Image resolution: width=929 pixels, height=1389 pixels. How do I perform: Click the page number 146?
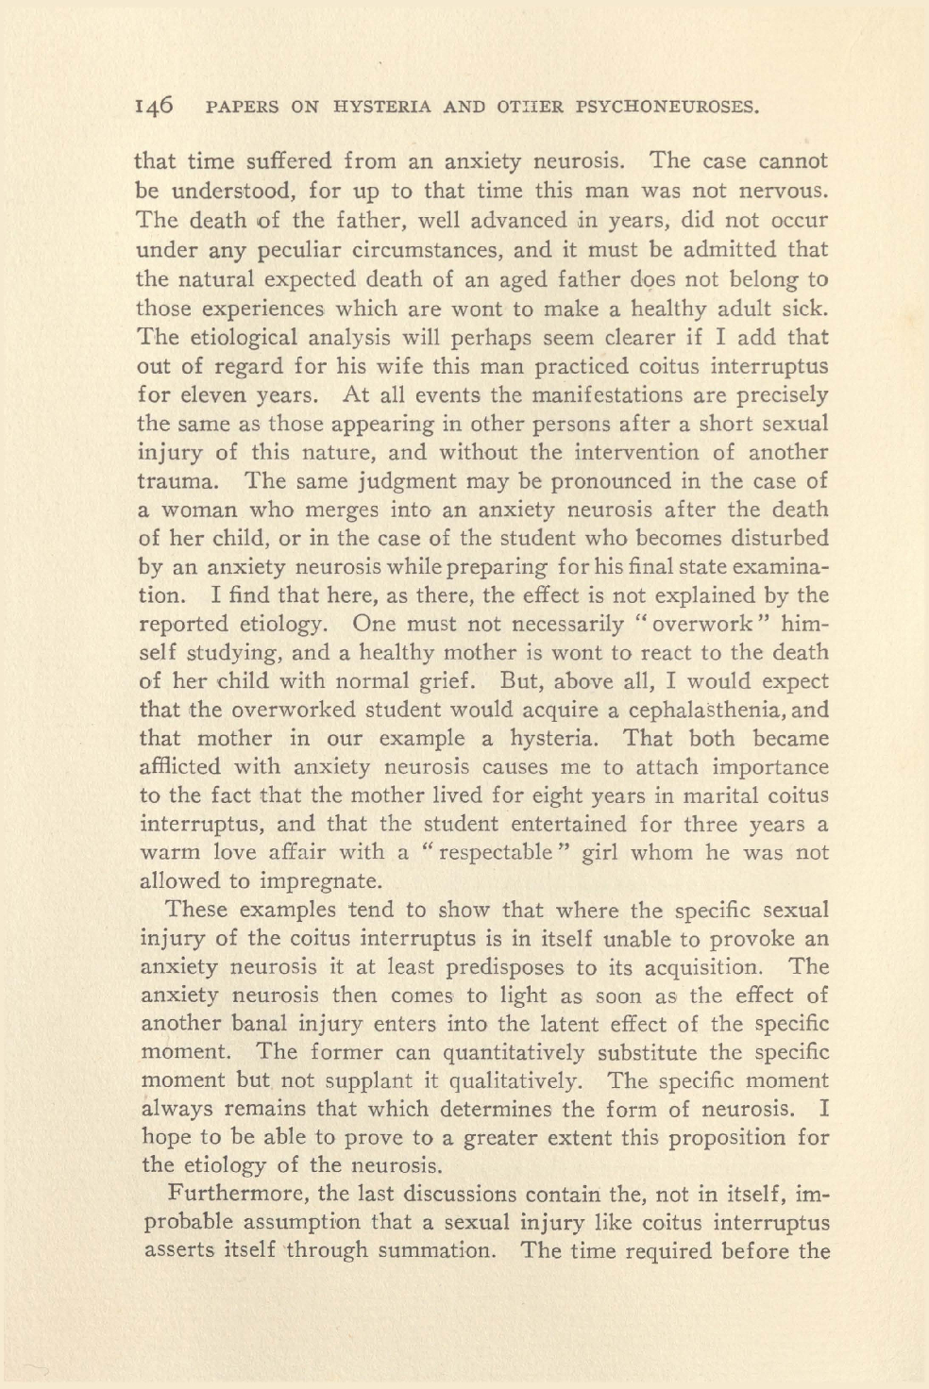[155, 106]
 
